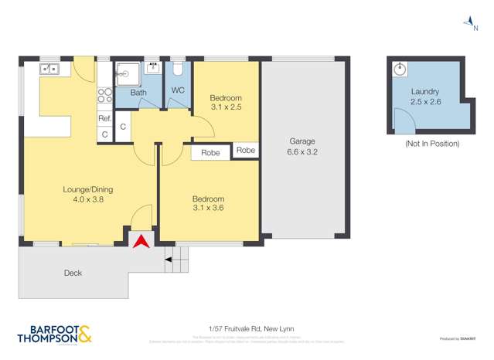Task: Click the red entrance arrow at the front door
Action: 140,242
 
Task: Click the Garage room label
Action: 303,141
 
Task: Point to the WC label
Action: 177,90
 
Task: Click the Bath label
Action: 138,93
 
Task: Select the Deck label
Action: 73,273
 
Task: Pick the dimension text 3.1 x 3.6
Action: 208,209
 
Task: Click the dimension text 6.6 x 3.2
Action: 303,152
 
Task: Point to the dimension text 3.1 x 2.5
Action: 226,108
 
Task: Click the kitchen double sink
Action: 49,70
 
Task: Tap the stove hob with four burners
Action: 104,96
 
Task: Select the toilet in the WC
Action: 177,69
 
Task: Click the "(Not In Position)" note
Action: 431,144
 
